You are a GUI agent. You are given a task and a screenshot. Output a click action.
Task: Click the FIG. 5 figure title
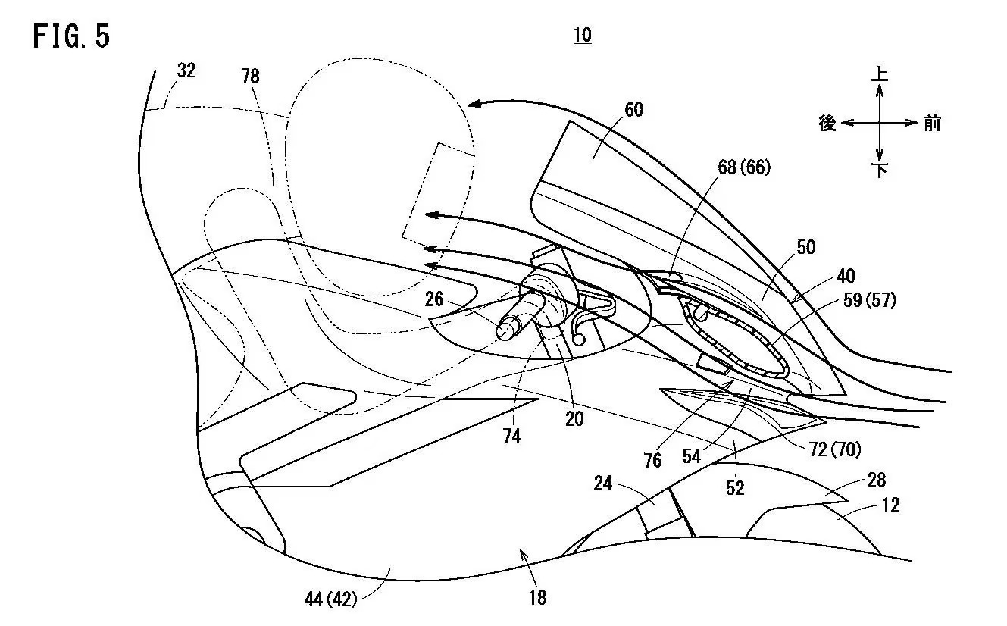(x=71, y=36)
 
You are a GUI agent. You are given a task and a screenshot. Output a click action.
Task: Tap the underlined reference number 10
(x=582, y=35)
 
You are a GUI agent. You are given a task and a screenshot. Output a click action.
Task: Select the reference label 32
(x=186, y=70)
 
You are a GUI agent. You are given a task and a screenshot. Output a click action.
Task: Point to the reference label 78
(x=250, y=76)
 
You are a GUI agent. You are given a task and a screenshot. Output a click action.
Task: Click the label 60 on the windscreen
(x=634, y=109)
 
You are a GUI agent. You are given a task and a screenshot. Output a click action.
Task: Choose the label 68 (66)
(x=744, y=167)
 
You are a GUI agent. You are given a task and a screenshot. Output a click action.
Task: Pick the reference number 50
(x=806, y=247)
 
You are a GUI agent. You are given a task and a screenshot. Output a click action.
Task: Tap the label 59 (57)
(x=869, y=300)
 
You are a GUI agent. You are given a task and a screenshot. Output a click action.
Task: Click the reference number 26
(x=434, y=299)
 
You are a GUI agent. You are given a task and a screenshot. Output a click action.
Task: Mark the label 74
(x=511, y=437)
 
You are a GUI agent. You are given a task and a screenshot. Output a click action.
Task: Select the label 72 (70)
(x=835, y=449)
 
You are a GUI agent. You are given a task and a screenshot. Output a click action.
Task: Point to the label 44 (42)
(x=330, y=599)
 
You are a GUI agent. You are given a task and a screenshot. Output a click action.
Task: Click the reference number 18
(x=538, y=598)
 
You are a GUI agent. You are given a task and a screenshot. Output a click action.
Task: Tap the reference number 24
(x=603, y=484)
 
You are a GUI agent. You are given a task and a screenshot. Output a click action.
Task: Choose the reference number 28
(x=877, y=480)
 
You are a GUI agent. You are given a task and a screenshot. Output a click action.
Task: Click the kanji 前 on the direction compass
(x=932, y=123)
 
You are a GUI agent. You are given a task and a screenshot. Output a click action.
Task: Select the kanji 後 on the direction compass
(x=827, y=123)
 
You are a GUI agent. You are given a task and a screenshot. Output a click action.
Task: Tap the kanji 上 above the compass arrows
(x=880, y=74)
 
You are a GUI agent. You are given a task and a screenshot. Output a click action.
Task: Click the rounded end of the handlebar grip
(x=504, y=330)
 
